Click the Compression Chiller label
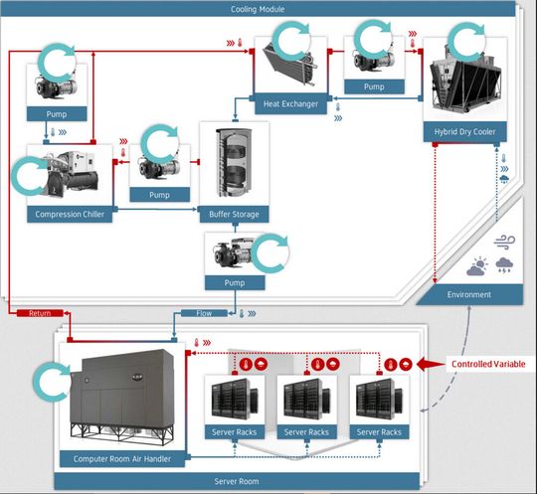[70, 213]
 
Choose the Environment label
[469, 294]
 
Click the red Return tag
[41, 313]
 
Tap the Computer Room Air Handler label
[121, 458]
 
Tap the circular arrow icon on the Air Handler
[49, 380]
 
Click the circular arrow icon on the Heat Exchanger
[293, 40]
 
